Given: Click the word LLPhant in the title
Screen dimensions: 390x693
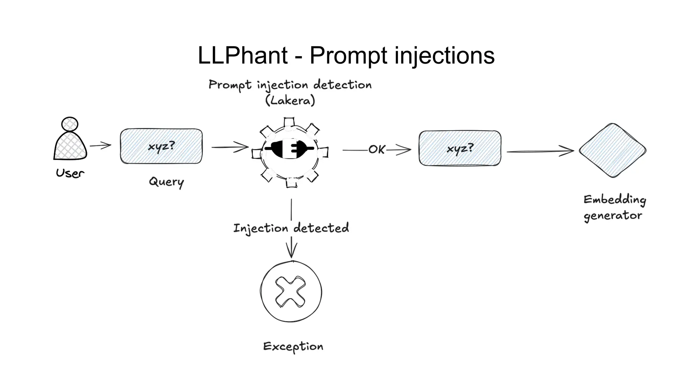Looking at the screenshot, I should pos(242,56).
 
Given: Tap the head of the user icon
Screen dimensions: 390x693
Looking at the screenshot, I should pos(70,124).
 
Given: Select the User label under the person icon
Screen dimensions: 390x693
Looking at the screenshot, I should pos(70,173).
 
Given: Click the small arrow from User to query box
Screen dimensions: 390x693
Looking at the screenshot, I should pos(100,146).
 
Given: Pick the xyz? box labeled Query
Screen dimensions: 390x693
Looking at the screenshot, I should pos(161,146).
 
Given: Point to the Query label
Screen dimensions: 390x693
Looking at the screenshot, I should pos(166,182).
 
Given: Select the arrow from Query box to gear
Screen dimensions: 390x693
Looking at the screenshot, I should pos(230,147).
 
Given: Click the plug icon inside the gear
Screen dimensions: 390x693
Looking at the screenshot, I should pos(290,148).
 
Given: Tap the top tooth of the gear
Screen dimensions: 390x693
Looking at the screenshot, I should pos(289,122).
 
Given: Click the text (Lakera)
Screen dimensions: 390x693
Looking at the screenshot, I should pos(290,101).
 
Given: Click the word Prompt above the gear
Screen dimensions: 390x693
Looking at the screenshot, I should pos(230,85).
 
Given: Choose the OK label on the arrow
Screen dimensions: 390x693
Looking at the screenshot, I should pos(376,149).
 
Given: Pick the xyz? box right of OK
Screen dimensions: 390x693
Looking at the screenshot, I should pos(460,148).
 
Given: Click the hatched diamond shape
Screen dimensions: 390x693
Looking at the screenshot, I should pos(612,150).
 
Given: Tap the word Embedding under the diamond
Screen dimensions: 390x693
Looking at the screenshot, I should pos(614,200).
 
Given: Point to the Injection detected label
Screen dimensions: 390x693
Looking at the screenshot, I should pos(291,228).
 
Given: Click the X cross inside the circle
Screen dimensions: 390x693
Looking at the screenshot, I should pos(290,291).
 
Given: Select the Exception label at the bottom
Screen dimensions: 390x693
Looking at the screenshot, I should pos(293,346).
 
